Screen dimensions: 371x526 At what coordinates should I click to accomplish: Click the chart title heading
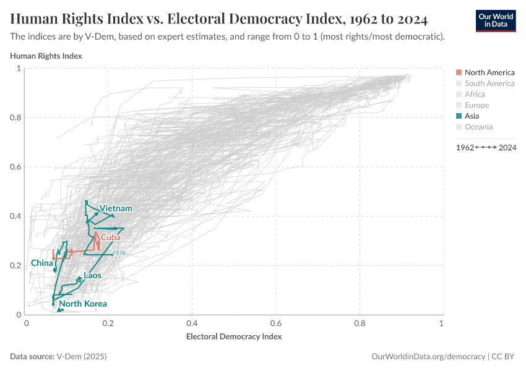218,19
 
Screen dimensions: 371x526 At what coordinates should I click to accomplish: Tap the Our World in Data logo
495,20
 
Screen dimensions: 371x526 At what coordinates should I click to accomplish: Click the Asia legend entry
472,116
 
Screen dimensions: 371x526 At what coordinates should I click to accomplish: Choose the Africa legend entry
475,94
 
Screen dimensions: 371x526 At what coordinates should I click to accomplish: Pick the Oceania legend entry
478,127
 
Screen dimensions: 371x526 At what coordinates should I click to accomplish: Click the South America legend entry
489,83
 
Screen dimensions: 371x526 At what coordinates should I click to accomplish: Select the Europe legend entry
476,105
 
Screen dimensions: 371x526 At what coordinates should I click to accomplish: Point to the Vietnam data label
116,208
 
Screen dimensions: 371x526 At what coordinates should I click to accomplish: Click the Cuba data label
111,237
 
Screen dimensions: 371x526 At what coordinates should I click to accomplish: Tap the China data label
41,263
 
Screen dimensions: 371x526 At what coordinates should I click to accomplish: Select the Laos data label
92,275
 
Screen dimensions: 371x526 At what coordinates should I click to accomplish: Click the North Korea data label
83,304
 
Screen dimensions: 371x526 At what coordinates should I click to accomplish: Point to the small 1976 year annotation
119,253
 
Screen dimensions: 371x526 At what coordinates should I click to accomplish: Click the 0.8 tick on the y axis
15,117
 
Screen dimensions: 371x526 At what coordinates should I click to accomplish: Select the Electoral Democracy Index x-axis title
234,336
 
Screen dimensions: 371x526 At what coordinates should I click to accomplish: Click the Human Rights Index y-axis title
46,56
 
